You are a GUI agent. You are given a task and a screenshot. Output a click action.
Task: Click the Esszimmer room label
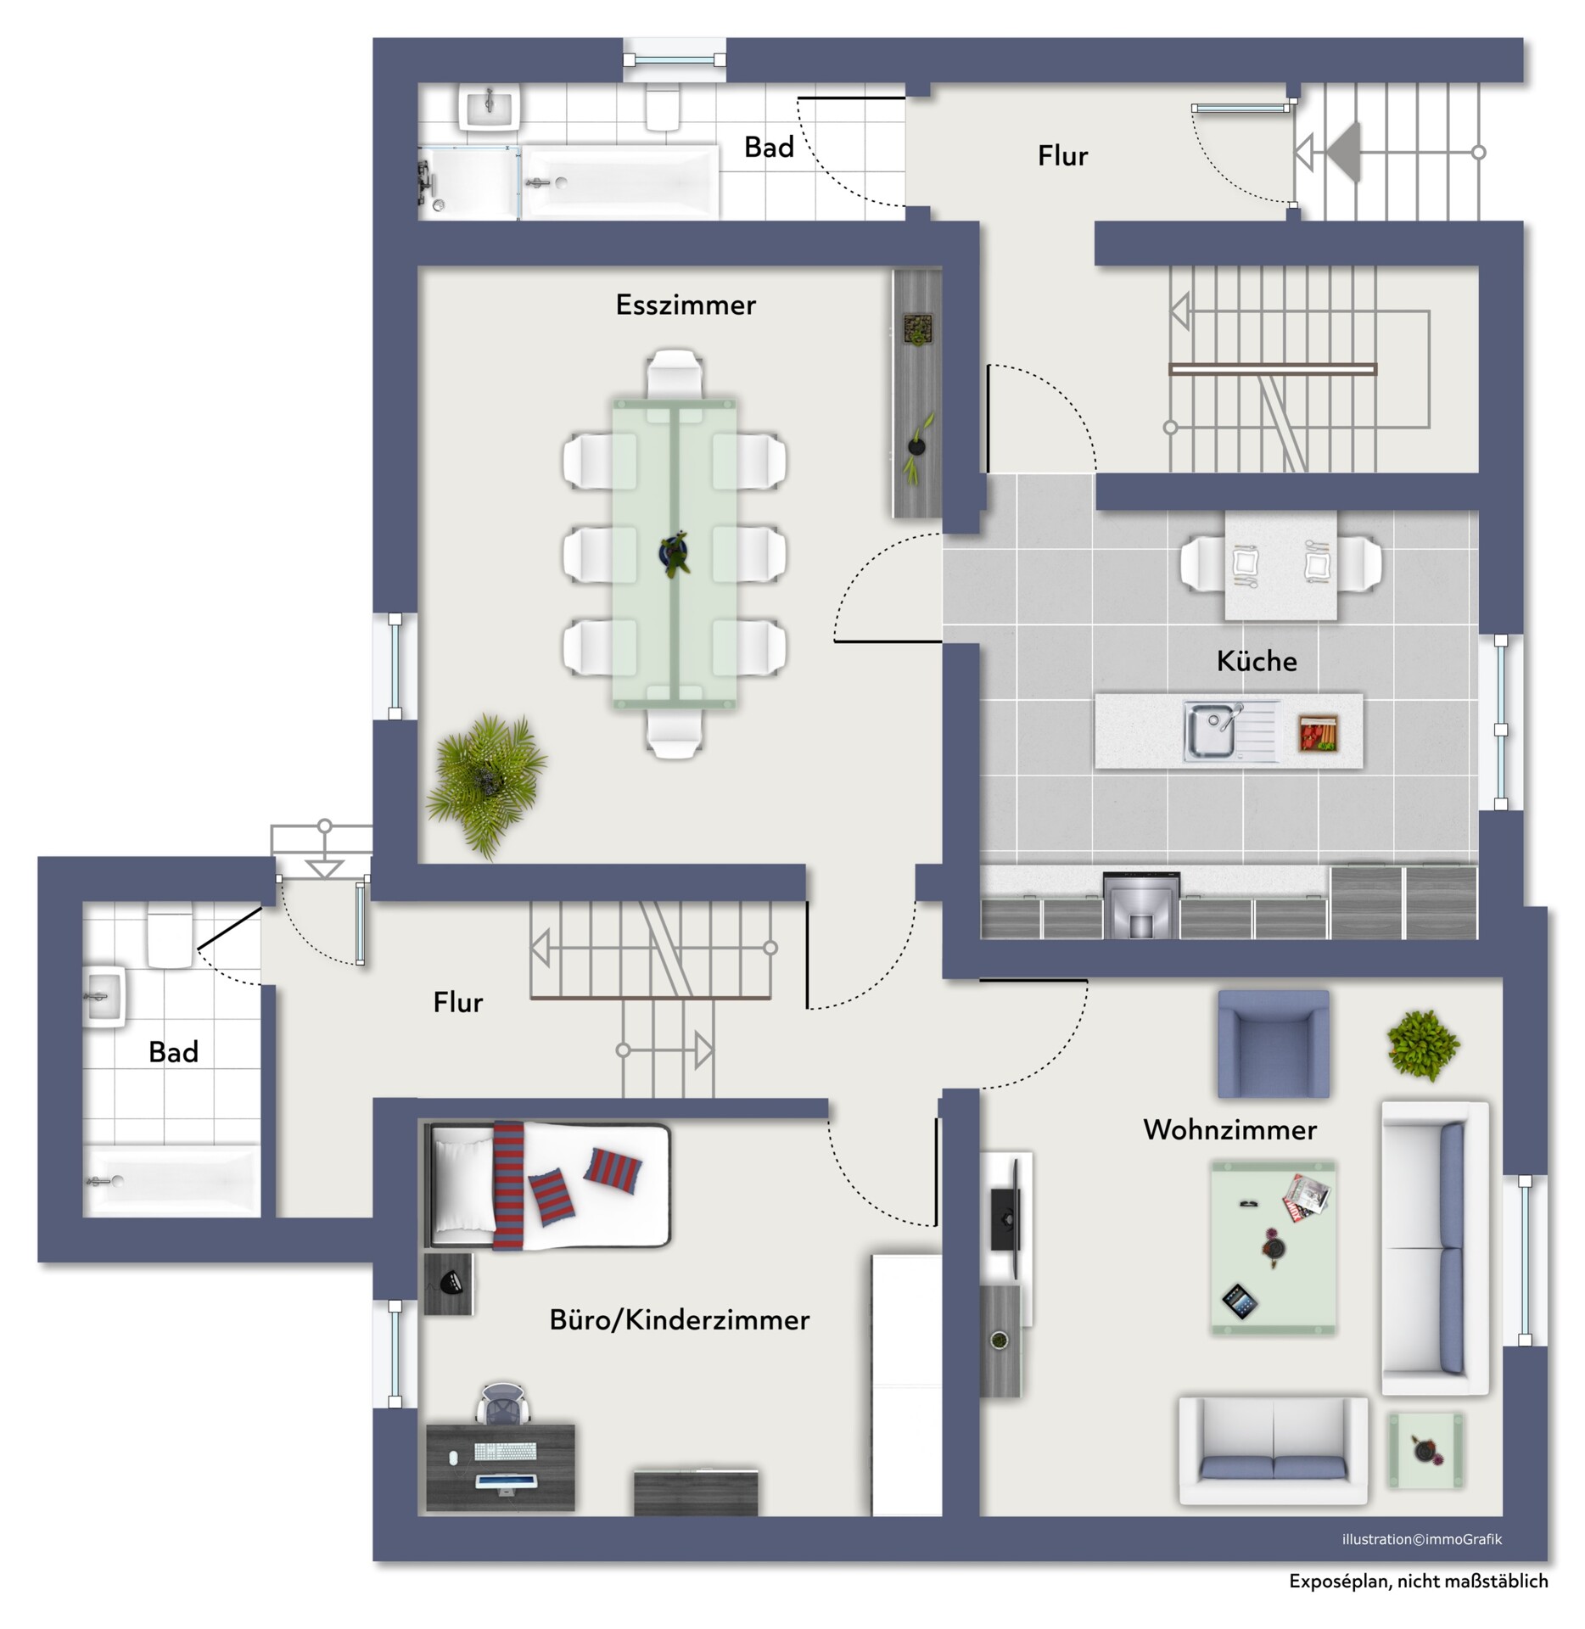click(x=686, y=305)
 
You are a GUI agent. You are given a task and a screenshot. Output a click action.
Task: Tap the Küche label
click(x=1257, y=660)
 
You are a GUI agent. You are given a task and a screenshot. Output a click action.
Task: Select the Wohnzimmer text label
click(x=1229, y=1129)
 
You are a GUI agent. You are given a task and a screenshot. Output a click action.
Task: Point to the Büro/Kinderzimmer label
click(x=680, y=1319)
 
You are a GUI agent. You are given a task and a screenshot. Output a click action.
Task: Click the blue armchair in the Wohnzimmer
click(x=1273, y=1044)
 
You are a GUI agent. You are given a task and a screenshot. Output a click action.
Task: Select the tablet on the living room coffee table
click(x=1238, y=1302)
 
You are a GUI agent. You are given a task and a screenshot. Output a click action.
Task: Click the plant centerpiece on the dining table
click(x=675, y=553)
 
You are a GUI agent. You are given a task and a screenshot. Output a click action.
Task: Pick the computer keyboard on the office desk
click(x=505, y=1452)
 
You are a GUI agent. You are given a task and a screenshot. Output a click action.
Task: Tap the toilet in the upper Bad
click(x=662, y=108)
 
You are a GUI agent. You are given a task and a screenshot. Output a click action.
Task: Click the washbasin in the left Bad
click(x=104, y=996)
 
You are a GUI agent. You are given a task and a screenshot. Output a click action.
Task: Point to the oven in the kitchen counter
click(x=1141, y=905)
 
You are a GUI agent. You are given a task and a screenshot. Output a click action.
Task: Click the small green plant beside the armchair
click(x=1423, y=1044)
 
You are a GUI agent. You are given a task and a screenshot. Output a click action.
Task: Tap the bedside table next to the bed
click(x=448, y=1284)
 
